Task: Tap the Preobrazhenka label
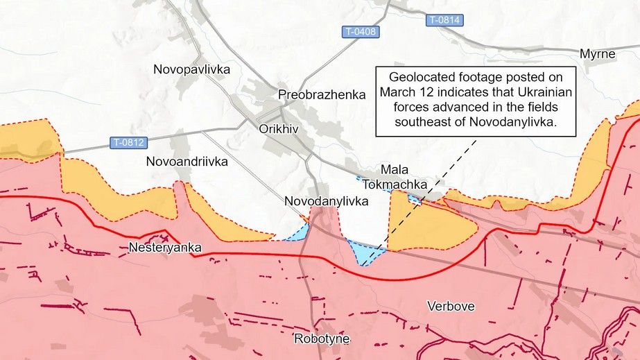click(x=321, y=95)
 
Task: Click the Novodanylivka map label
click(x=326, y=200)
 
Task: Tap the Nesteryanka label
click(x=165, y=247)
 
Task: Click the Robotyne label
click(x=322, y=339)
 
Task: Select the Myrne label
click(x=597, y=54)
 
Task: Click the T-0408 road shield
click(x=360, y=32)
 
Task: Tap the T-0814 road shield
click(x=444, y=20)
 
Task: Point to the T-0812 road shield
click(x=128, y=144)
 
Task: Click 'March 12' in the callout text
click(x=408, y=92)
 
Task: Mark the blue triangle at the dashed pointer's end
click(x=363, y=253)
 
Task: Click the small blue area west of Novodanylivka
click(x=298, y=232)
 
